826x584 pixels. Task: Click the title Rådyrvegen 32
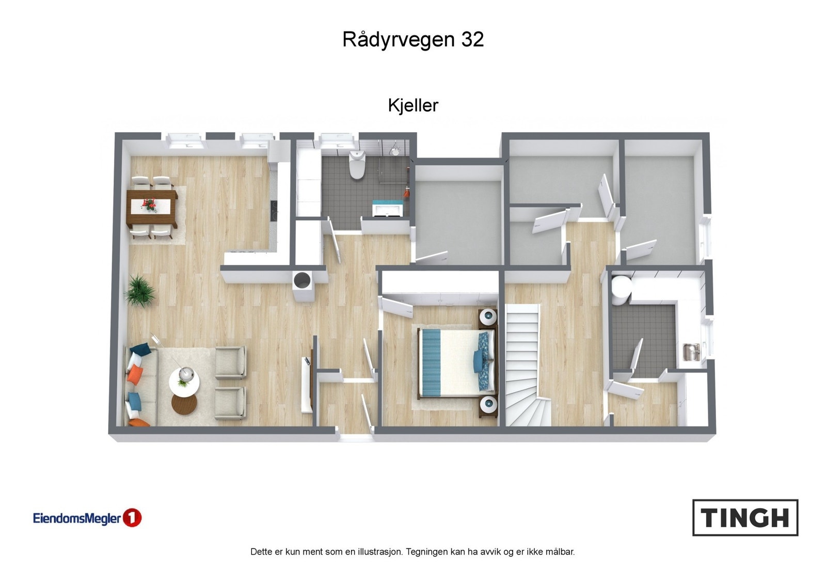click(413, 40)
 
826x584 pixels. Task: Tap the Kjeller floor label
click(413, 105)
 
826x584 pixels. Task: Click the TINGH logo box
click(745, 517)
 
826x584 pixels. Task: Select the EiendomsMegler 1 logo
click(87, 518)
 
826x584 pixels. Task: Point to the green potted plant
click(139, 291)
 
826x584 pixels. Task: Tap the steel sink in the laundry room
click(691, 352)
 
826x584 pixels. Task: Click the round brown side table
click(184, 405)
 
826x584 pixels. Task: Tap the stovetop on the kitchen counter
click(274, 209)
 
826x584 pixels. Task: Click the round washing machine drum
click(301, 280)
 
